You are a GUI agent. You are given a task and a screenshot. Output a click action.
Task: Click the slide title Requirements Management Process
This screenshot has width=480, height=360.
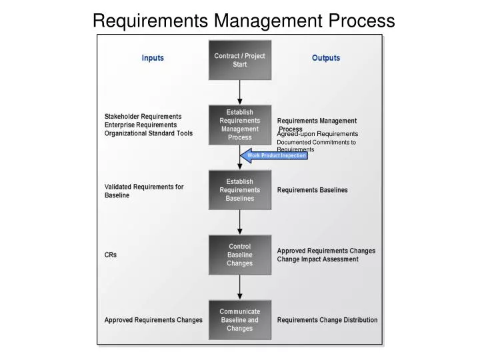click(x=243, y=21)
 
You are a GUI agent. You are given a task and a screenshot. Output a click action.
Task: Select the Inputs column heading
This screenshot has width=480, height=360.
click(x=153, y=58)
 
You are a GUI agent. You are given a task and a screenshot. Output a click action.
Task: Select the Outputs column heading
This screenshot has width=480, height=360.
click(x=326, y=58)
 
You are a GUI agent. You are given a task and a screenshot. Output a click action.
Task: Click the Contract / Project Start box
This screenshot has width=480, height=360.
click(x=239, y=60)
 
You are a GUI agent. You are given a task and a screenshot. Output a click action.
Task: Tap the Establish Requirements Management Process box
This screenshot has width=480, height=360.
click(x=239, y=125)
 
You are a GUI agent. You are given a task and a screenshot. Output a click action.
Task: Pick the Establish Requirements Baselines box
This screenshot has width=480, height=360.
click(x=239, y=190)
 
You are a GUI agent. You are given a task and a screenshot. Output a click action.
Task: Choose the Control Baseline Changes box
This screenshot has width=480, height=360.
click(x=239, y=255)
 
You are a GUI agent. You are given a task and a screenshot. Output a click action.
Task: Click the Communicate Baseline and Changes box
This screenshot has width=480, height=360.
click(x=239, y=319)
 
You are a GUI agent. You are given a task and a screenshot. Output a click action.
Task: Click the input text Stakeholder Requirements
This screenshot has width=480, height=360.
click(x=143, y=116)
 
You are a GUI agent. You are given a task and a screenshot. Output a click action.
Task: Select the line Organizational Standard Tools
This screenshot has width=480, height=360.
click(x=148, y=133)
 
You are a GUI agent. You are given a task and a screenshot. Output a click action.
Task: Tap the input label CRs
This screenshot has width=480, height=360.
click(x=111, y=255)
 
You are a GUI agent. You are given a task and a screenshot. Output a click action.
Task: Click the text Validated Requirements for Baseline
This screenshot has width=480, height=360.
click(x=144, y=191)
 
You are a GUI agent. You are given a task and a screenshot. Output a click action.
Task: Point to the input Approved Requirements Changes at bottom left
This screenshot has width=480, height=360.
click(x=153, y=320)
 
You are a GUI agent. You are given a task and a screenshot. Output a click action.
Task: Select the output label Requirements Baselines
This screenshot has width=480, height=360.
click(x=312, y=190)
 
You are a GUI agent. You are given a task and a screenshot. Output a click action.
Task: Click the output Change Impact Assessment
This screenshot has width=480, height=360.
click(x=317, y=259)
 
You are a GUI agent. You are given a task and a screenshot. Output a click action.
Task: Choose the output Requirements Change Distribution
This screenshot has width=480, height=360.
click(x=327, y=320)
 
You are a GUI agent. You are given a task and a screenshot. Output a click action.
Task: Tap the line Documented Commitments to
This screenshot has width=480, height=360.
click(x=316, y=142)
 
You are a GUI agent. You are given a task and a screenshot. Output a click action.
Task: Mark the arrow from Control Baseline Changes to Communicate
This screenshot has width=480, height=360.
click(x=239, y=287)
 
